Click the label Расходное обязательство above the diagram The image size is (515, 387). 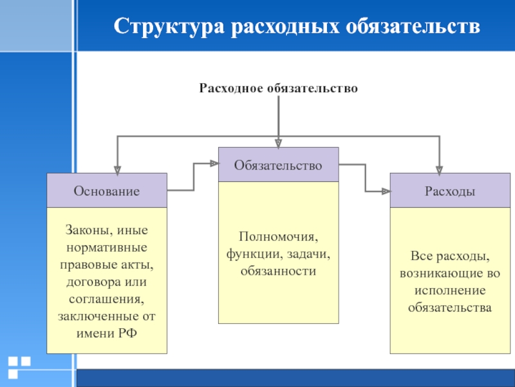click(278, 88)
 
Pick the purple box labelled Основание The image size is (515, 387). click(107, 191)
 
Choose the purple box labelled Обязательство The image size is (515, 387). click(278, 165)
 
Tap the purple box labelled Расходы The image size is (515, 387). click(450, 191)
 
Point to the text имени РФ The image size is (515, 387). click(107, 333)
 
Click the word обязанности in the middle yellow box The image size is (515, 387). click(278, 272)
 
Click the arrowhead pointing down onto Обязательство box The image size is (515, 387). click(278, 144)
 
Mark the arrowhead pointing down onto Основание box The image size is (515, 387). click(117, 170)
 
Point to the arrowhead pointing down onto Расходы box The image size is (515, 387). click(439, 170)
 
